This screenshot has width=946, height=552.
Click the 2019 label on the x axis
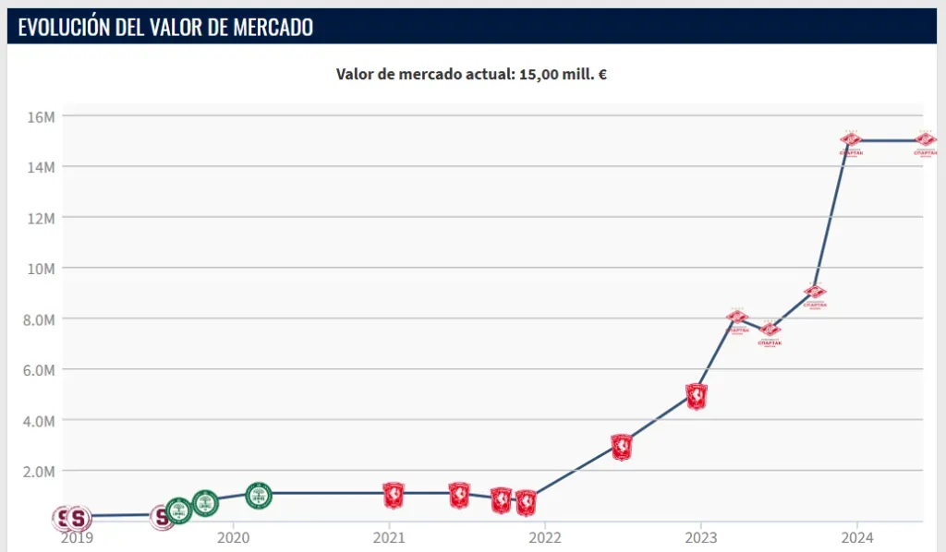pyautogui.click(x=77, y=538)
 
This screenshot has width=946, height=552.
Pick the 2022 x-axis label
pyautogui.click(x=545, y=538)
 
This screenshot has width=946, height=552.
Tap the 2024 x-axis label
pyautogui.click(x=857, y=538)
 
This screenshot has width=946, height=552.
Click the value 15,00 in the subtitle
pyautogui.click(x=538, y=75)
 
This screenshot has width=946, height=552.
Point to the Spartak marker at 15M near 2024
pyautogui.click(x=851, y=140)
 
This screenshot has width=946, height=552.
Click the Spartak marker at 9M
pyautogui.click(x=815, y=293)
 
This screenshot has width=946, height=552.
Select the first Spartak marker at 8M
pyautogui.click(x=737, y=318)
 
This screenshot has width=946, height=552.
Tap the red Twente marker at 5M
pyautogui.click(x=697, y=395)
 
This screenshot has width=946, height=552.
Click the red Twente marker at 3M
pyautogui.click(x=622, y=447)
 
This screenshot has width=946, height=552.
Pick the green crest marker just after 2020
pyautogui.click(x=259, y=495)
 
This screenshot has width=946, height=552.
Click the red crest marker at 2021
pyautogui.click(x=394, y=496)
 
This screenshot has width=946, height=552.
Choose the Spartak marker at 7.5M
pyautogui.click(x=770, y=330)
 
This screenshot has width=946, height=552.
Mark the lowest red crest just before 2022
pyautogui.click(x=526, y=502)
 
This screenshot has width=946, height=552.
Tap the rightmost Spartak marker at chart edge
pyautogui.click(x=925, y=140)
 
